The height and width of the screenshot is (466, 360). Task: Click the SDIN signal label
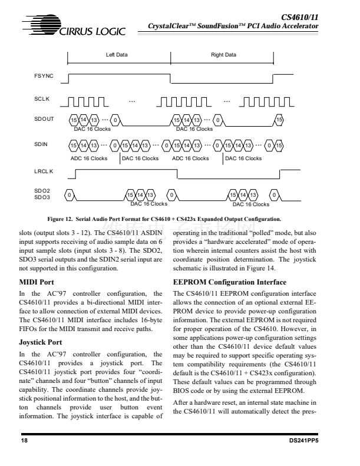(x=41, y=144)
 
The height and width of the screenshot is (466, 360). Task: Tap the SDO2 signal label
(x=42, y=191)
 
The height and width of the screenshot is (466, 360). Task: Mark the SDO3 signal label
(x=42, y=197)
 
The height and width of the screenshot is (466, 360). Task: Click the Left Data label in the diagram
(x=117, y=55)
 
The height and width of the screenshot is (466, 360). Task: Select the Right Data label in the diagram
(x=223, y=55)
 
